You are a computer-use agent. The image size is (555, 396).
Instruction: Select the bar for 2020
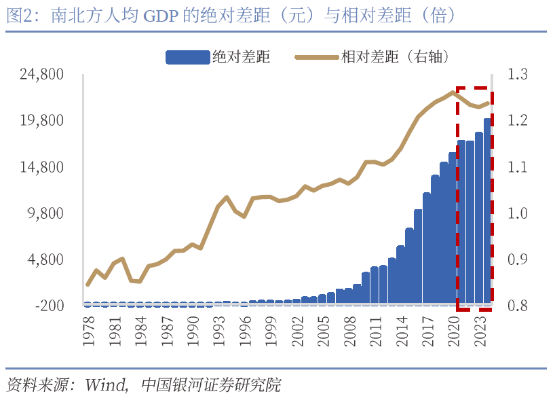coord(453,228)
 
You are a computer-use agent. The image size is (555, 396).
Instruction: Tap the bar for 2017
coord(427,249)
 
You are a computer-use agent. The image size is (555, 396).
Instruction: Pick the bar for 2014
coord(401,274)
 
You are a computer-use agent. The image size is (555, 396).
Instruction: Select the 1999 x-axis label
coord(270,331)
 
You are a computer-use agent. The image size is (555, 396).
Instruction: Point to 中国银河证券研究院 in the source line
coord(211,384)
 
